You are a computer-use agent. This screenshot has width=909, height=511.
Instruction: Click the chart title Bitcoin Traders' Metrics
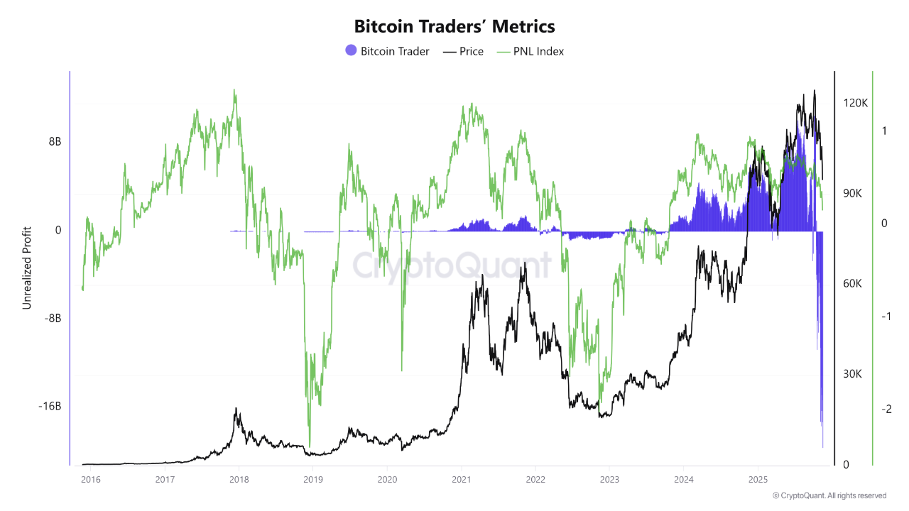pyautogui.click(x=454, y=26)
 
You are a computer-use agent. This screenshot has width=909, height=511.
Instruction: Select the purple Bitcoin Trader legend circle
pyautogui.click(x=351, y=51)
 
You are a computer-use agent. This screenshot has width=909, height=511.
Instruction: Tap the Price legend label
pyautogui.click(x=472, y=51)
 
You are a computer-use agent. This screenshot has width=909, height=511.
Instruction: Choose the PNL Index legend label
pyautogui.click(x=538, y=51)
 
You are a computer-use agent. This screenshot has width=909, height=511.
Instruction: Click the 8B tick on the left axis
pyautogui.click(x=55, y=142)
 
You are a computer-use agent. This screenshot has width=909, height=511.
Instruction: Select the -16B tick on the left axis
pyautogui.click(x=50, y=407)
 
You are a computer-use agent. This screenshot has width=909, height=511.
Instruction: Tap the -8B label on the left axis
pyautogui.click(x=53, y=319)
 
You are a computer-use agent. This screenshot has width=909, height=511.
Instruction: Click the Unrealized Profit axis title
pyautogui.click(x=27, y=268)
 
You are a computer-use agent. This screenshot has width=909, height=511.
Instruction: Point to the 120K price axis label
pyautogui.click(x=855, y=103)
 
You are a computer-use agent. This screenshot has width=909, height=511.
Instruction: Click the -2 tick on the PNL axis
pyautogui.click(x=886, y=410)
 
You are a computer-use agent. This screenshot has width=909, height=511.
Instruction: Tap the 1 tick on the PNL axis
pyautogui.click(x=884, y=131)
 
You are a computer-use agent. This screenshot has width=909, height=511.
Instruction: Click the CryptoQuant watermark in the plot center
pyautogui.click(x=452, y=266)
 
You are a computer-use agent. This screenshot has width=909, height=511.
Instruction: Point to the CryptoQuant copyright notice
pyautogui.click(x=829, y=495)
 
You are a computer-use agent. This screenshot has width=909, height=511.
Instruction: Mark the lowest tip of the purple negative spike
pyautogui.click(x=823, y=447)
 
